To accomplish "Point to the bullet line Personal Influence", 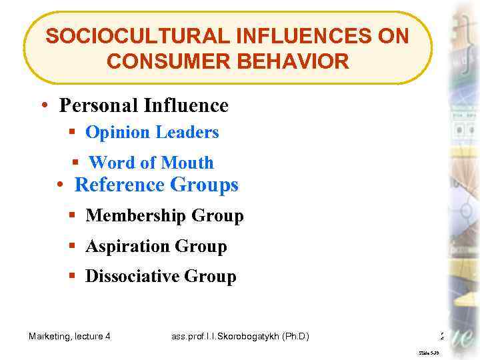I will [143, 105].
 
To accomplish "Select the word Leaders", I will [187, 132].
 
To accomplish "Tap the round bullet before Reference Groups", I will [60, 185].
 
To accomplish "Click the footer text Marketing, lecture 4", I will [69, 337].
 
